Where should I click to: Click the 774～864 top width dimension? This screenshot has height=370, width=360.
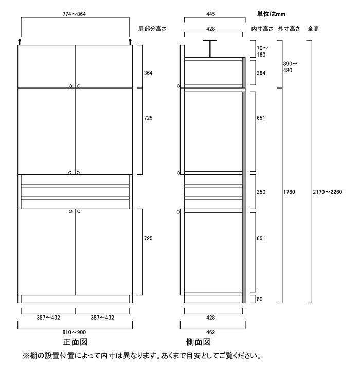coord(74,14)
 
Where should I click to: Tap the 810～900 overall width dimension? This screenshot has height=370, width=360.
coord(74,332)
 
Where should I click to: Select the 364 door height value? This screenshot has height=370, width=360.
coord(148,73)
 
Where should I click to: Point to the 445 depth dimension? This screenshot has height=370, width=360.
coord(210,14)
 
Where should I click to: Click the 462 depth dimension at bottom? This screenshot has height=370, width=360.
coord(210,332)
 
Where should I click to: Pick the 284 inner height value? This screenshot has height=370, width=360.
coord(261,73)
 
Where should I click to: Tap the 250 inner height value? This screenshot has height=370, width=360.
coord(261,192)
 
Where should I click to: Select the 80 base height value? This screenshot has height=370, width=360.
coord(259,299)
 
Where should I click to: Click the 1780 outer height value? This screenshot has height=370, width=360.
coord(289,192)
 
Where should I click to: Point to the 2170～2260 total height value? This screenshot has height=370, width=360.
coord(328,192)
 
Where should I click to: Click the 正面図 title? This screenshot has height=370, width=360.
coord(76,342)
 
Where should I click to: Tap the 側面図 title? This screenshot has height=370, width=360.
coord(199,342)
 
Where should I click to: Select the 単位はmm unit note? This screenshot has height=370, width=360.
coord(271,14)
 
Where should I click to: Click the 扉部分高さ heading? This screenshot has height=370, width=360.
coord(152,29)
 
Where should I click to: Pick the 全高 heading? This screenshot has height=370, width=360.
coord(313,29)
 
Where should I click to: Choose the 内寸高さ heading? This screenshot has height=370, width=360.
coord(262,29)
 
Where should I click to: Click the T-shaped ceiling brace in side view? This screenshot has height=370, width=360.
coord(210,48)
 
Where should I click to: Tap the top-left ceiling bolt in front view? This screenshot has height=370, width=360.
coord(20,42)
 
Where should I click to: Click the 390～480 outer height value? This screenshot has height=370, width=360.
coord(290,67)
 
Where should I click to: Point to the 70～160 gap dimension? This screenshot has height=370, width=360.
coord(262,51)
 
